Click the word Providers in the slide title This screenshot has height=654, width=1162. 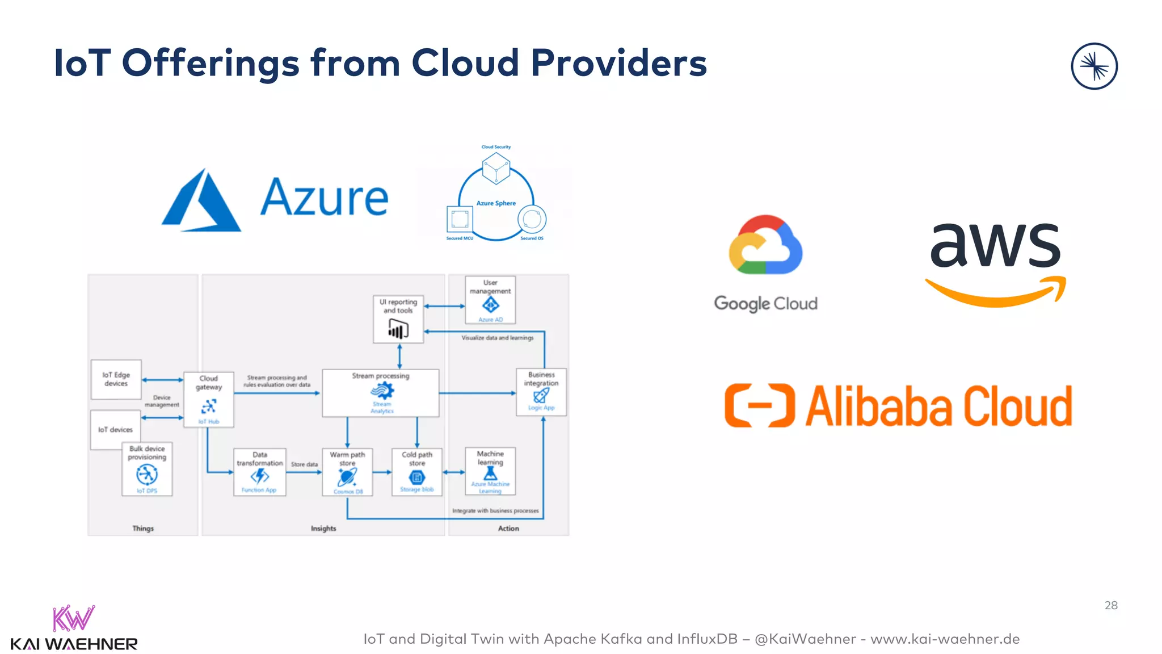618,62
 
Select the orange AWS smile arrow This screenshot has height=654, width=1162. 996,293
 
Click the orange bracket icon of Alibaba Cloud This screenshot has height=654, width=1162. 759,405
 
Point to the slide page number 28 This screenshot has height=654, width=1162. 1110,605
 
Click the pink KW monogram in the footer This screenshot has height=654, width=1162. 73,619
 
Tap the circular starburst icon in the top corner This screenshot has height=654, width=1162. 1094,66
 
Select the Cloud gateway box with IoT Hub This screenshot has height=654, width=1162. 209,400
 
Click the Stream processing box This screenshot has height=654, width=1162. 380,393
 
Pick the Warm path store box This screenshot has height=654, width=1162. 347,472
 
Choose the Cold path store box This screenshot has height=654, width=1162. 417,472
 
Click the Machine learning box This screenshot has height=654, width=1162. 490,471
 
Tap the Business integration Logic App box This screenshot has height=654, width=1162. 541,392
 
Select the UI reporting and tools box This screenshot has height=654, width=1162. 398,319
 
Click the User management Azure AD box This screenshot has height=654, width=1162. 490,300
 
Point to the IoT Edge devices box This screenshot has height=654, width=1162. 116,379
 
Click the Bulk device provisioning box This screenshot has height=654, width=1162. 147,469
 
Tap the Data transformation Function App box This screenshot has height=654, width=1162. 259,472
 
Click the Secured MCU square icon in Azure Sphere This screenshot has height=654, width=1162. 460,219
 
